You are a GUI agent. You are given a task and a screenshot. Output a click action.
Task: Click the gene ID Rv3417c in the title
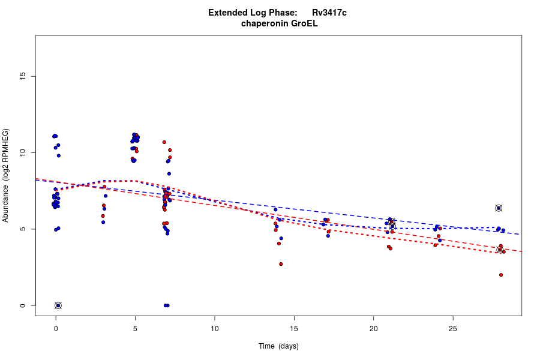[329, 13]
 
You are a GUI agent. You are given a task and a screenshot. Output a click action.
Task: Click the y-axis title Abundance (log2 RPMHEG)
[6, 175]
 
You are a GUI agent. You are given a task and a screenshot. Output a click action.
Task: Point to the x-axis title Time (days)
[278, 346]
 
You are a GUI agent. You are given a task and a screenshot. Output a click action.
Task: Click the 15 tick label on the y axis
[22, 76]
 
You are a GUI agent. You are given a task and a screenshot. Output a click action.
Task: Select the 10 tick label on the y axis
[22, 152]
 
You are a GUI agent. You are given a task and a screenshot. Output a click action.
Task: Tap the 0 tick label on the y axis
[22, 305]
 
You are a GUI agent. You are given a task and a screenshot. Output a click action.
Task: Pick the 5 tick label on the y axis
[22, 229]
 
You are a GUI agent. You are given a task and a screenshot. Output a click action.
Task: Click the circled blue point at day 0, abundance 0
[58, 305]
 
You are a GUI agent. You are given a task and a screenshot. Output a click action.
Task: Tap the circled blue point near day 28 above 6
[499, 208]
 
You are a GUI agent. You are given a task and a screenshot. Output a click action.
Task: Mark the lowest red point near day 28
[501, 275]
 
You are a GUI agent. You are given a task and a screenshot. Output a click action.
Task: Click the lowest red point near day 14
[281, 264]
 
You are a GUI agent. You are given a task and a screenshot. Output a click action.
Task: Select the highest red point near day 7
[164, 142]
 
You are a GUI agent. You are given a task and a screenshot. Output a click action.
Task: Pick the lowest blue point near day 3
[103, 222]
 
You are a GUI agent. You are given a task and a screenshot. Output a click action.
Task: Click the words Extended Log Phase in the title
[253, 13]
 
